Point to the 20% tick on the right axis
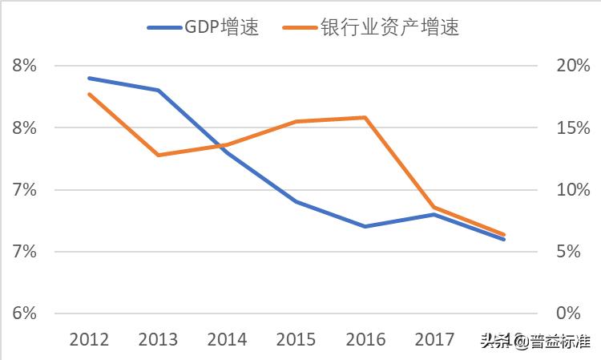click(572, 66)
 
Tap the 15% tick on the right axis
click(572, 128)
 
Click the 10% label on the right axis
click(572, 190)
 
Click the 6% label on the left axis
click(25, 313)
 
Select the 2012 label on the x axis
click(90, 340)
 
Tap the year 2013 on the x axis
click(159, 340)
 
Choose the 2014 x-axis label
click(228, 340)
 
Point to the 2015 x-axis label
click(296, 340)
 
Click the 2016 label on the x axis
click(365, 340)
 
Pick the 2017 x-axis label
click(434, 340)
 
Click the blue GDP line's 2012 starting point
click(89, 79)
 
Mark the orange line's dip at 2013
click(159, 155)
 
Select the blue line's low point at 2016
click(365, 226)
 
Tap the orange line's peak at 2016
click(365, 118)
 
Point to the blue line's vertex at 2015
click(296, 201)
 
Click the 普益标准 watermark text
click(553, 342)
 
